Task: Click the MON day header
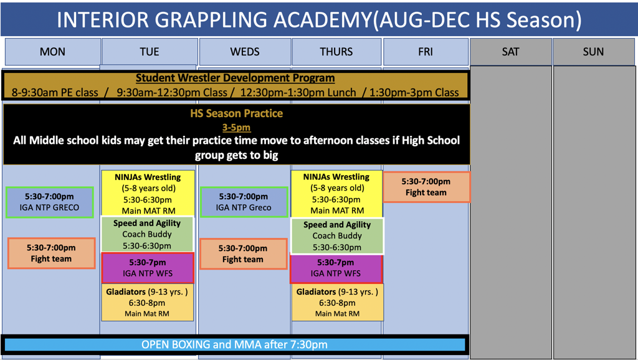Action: click(52, 52)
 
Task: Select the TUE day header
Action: click(150, 52)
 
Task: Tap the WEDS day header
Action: click(244, 52)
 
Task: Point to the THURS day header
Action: click(336, 52)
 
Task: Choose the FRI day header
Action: click(426, 52)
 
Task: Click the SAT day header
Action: click(511, 52)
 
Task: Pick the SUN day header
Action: click(593, 52)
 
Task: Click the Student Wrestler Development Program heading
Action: click(235, 78)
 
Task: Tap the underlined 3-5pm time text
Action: click(236, 127)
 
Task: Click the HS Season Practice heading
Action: click(236, 113)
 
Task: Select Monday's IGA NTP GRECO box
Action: click(49, 202)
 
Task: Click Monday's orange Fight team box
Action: click(51, 253)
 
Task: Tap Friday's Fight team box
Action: click(426, 187)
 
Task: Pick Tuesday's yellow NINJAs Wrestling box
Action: click(148, 194)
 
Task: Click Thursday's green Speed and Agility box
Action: click(337, 236)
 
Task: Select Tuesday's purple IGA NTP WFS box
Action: click(148, 268)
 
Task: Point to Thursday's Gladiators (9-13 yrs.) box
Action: click(337, 303)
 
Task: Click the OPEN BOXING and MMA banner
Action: click(234, 344)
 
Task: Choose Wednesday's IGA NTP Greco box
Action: click(244, 202)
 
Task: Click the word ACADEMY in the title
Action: click(322, 19)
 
